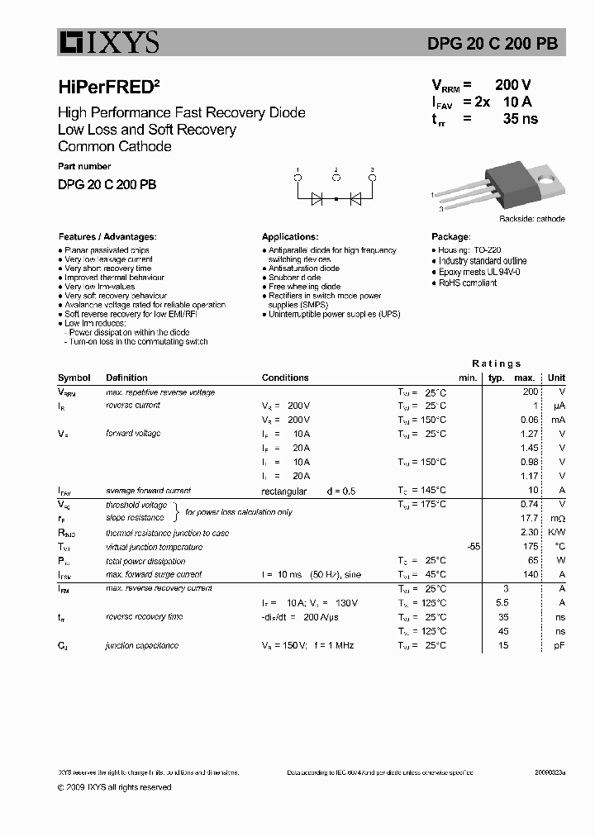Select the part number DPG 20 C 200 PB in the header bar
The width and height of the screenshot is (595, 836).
click(503, 44)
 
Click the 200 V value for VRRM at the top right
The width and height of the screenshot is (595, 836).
click(512, 85)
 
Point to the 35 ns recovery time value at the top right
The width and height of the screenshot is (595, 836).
click(520, 119)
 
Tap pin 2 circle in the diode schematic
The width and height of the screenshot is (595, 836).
click(336, 178)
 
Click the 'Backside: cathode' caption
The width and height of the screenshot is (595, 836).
click(531, 219)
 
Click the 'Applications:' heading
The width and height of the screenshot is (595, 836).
click(290, 236)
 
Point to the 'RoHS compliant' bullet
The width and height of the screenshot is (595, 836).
click(467, 283)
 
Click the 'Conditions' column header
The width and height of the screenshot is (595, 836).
click(285, 378)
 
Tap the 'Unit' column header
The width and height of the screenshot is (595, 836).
click(556, 378)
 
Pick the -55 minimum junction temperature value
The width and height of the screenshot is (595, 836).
click(473, 546)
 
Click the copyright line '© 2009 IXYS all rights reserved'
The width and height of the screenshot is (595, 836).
click(115, 787)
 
